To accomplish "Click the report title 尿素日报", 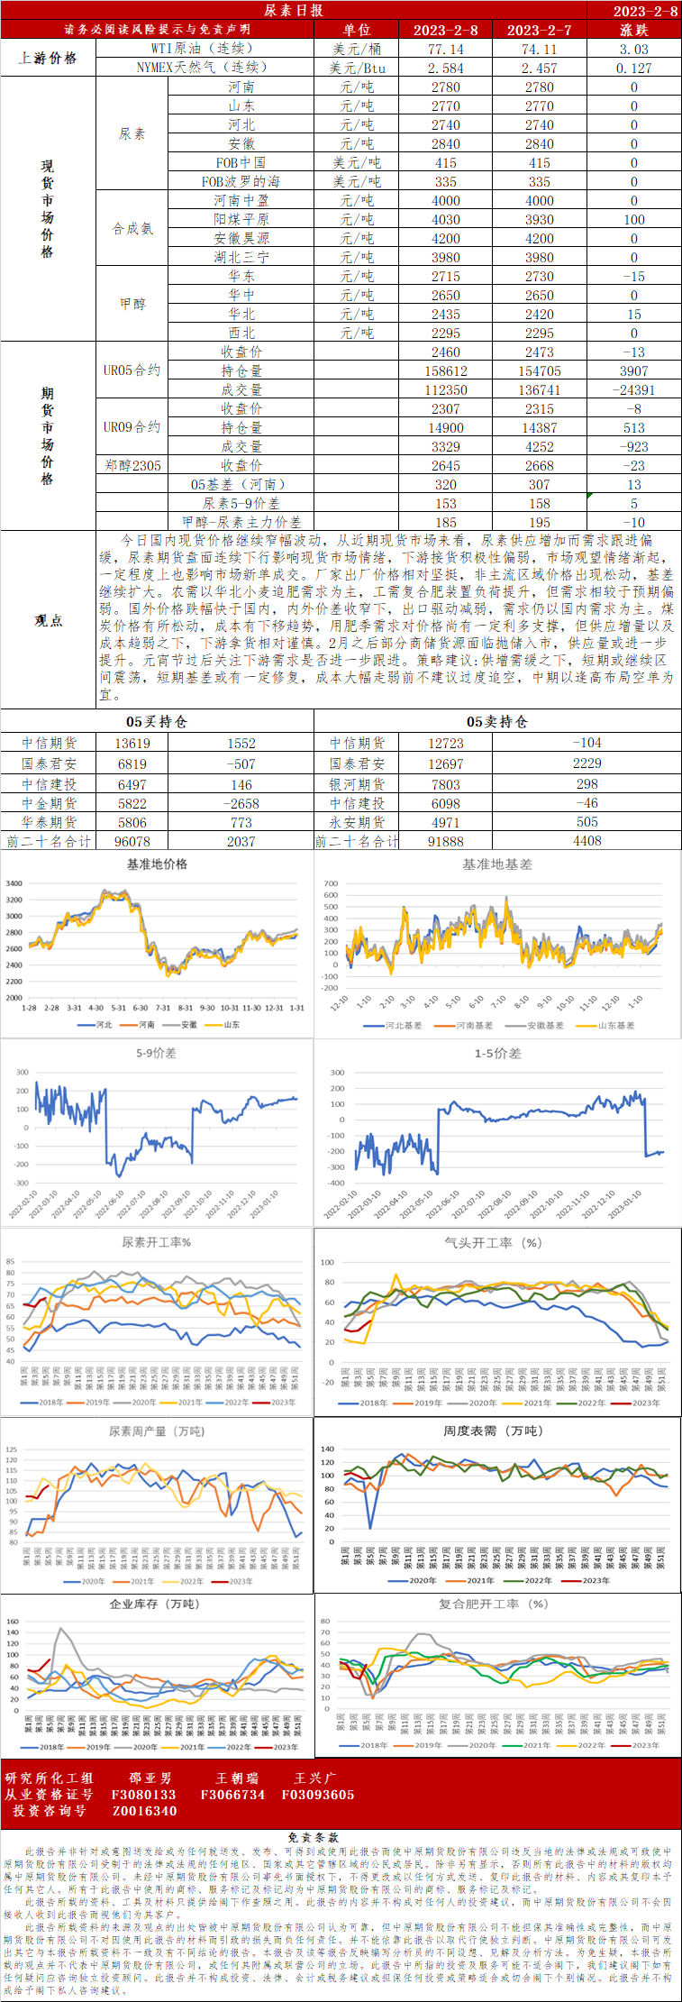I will point(294,11).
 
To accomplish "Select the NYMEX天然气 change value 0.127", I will point(634,69).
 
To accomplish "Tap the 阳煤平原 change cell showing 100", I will point(634,220).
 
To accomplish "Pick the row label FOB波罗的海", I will point(241,182).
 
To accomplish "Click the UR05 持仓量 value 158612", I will point(446,371).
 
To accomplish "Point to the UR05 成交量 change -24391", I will point(634,390).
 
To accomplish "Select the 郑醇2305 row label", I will point(132,466).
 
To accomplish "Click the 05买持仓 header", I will point(157,722).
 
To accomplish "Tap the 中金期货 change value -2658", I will point(241,804).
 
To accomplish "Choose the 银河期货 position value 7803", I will point(446,785).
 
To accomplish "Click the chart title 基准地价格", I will point(157,864).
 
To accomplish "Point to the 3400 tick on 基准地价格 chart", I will point(14,884).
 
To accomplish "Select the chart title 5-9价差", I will point(157,1053).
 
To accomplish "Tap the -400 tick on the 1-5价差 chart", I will point(336,1184).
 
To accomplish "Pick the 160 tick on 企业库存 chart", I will point(13,1622).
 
